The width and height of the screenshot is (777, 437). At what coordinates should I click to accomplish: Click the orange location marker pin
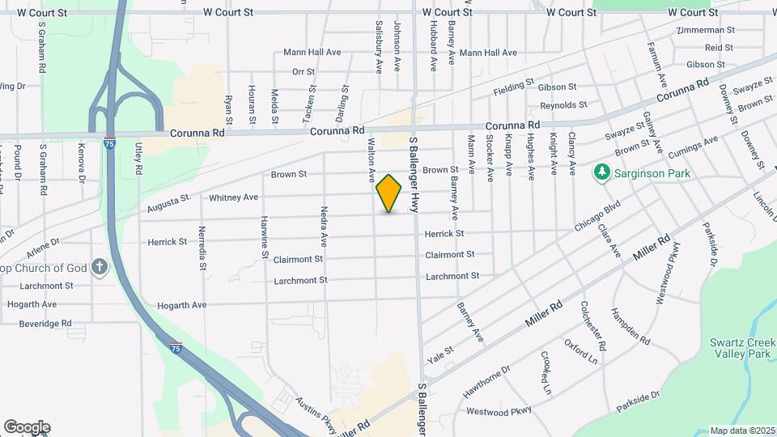coord(389,193)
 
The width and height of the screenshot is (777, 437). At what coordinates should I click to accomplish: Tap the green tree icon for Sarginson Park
coord(601,172)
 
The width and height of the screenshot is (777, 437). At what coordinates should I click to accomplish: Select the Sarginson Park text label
coord(649,172)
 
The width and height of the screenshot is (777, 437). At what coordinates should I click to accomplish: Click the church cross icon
coord(100,267)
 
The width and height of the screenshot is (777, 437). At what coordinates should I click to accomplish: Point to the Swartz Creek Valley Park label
coord(742,348)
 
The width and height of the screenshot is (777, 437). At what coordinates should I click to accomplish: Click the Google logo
coord(27,427)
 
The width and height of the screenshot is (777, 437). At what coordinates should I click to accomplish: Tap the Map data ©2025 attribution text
coord(741,431)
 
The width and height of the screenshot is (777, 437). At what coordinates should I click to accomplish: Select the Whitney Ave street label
coord(233,197)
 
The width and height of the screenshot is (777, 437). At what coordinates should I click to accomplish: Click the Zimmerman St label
coord(707,30)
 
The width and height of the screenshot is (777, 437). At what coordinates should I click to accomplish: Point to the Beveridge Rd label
coord(45,323)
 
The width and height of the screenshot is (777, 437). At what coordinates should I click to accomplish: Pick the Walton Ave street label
coord(372,159)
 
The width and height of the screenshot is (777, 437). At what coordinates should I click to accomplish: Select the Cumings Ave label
coord(698,146)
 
